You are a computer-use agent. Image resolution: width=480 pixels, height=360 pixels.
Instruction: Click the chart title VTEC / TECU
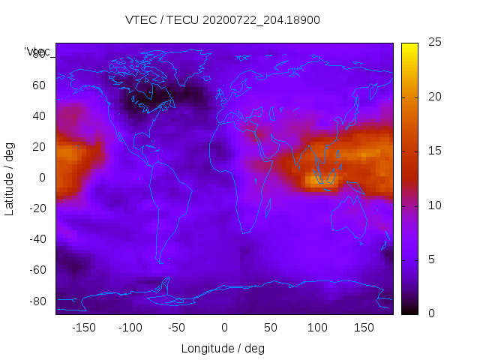pos(223,20)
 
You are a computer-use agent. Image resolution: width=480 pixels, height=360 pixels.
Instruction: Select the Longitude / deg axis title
pos(223,349)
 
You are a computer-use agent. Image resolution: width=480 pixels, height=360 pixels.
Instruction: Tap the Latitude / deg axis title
pos(10,177)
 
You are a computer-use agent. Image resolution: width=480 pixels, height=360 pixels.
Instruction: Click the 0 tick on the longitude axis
pos(224,327)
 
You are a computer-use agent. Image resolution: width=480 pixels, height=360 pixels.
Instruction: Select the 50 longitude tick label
pos(271,327)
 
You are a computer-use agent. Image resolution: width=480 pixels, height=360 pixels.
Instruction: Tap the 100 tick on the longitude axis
pos(317,327)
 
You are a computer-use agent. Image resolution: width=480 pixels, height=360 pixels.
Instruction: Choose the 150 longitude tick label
pos(364,327)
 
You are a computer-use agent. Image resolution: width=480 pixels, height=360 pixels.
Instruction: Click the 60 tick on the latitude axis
pos(39,85)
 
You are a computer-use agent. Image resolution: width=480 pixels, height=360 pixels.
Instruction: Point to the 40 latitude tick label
pos(39,115)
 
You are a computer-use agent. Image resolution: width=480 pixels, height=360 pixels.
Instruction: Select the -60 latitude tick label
pos(37,270)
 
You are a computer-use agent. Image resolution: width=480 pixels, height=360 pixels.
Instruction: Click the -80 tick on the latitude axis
pos(37,301)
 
